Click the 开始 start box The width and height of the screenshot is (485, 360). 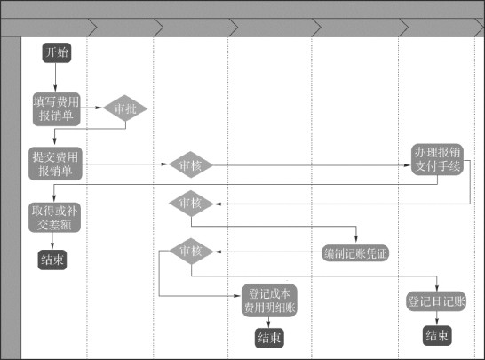coord(57,52)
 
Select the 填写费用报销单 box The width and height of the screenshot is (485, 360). coord(57,109)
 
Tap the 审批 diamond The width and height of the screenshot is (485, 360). coord(125,108)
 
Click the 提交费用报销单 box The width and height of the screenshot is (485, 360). coord(55,164)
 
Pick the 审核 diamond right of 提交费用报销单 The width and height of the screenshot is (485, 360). coord(191,164)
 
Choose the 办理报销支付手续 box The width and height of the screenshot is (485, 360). coord(437,159)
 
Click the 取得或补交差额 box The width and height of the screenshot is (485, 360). coord(54,218)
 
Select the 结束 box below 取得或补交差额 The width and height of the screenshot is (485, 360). coord(52,260)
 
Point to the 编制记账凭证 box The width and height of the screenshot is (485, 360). coord(355,253)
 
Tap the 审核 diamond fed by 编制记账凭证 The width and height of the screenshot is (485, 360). coord(192,251)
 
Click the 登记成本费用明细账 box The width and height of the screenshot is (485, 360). coord(269,300)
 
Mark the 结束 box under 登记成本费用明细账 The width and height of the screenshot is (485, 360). coord(269,338)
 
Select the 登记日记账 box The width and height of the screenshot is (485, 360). coord(436,301)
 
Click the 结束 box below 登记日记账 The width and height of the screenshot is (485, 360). coord(437,335)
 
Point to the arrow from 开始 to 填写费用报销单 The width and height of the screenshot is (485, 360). coord(56,77)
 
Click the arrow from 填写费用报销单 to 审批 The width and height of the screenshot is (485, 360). coord(91,108)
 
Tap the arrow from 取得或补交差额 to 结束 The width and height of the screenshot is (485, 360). coord(52,241)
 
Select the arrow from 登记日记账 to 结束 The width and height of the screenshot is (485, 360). coord(437,318)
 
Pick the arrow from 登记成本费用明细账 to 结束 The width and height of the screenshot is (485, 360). coord(268,323)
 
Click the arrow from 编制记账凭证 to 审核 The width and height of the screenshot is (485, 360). coord(268,252)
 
